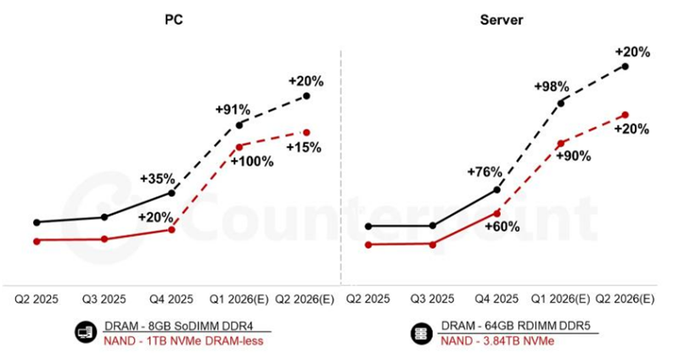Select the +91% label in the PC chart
click(232, 110)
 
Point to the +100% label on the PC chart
click(252, 161)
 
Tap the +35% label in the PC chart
click(158, 179)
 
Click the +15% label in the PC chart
click(302, 147)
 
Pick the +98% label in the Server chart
click(551, 87)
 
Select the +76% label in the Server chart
click(484, 172)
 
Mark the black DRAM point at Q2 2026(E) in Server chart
click(625, 65)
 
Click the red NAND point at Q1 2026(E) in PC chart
click(239, 146)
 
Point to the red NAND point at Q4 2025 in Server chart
click(497, 212)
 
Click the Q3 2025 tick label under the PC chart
click(104, 299)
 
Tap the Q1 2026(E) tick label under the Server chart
click(561, 299)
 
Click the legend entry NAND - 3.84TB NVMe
click(497, 340)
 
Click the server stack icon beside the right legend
click(419, 333)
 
